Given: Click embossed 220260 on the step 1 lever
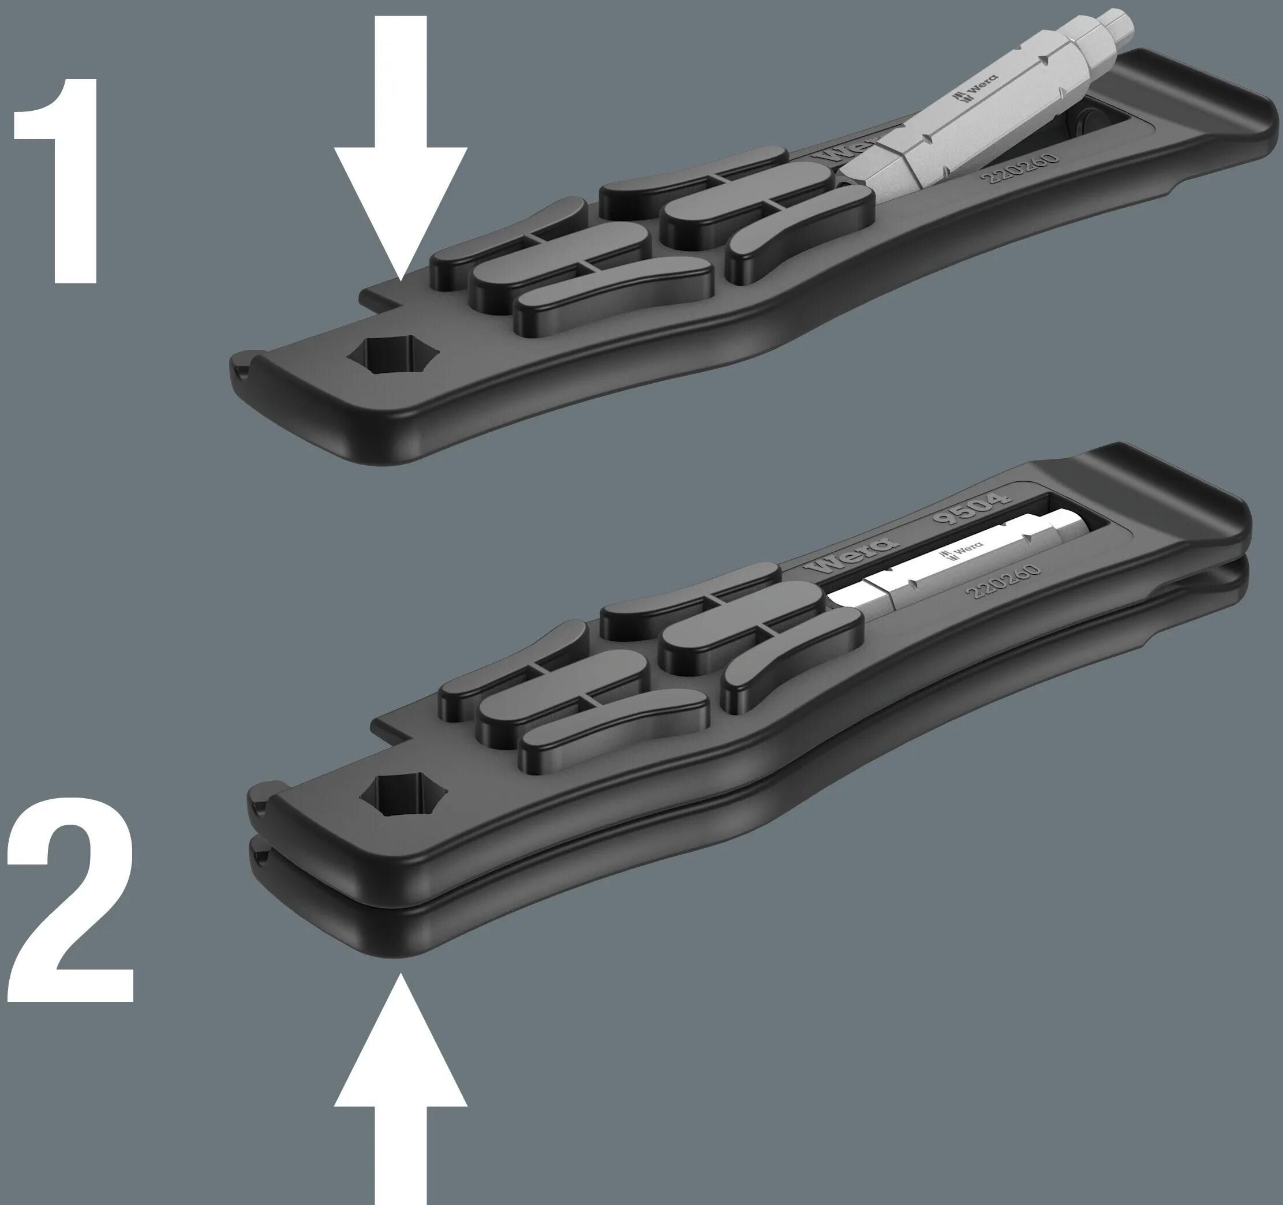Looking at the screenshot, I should click(x=1020, y=169).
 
